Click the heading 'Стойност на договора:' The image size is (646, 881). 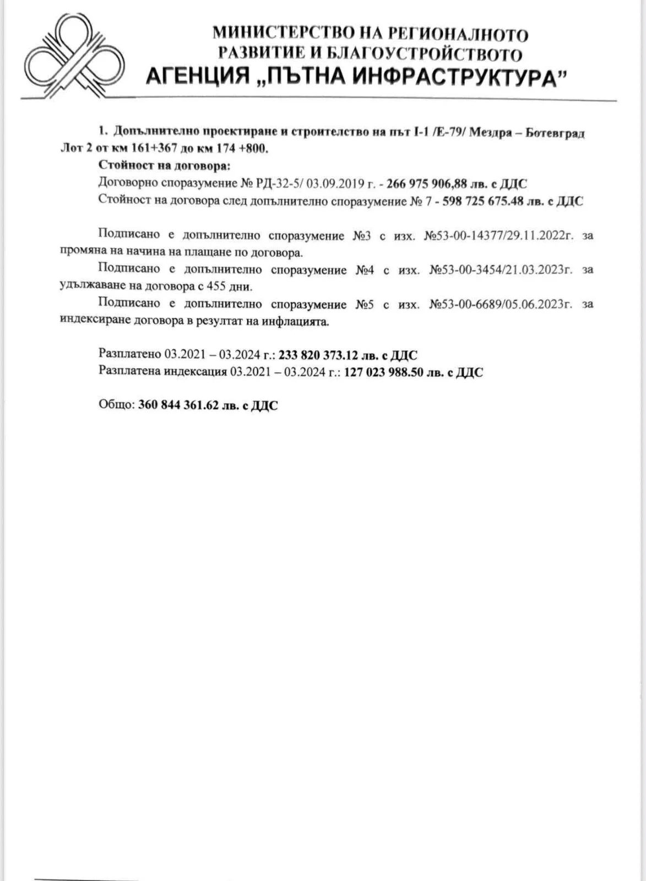point(164,166)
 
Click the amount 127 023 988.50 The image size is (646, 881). point(383,372)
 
